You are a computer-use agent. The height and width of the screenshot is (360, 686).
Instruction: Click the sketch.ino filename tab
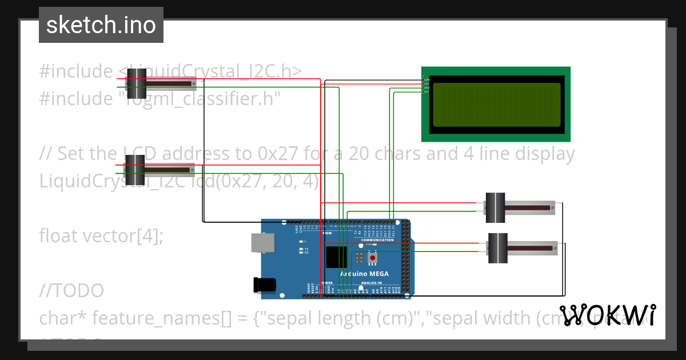[x=101, y=25]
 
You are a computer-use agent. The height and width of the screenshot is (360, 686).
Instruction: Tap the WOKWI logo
[x=608, y=315]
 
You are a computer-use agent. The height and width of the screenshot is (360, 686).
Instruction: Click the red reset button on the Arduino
[x=373, y=258]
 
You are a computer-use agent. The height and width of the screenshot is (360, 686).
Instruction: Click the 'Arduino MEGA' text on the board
[x=364, y=274]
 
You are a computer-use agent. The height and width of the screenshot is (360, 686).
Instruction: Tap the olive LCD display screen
[x=496, y=105]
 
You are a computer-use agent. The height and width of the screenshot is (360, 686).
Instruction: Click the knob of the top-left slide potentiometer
[x=137, y=83]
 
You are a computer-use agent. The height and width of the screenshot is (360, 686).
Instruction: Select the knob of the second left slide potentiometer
[x=136, y=169]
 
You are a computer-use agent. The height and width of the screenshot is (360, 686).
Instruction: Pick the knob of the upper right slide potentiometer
[x=495, y=208]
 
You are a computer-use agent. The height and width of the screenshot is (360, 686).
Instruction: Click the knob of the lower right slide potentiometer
[x=498, y=248]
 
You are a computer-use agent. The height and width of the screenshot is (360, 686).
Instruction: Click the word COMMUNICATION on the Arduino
[x=377, y=240]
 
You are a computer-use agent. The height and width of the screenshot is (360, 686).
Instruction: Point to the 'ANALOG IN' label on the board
[x=372, y=283]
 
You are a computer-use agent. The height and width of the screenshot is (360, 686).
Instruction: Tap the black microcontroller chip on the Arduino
[x=336, y=257]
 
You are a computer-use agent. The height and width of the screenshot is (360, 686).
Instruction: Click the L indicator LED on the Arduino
[x=301, y=242]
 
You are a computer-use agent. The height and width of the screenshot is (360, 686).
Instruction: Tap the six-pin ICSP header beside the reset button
[x=358, y=258]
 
